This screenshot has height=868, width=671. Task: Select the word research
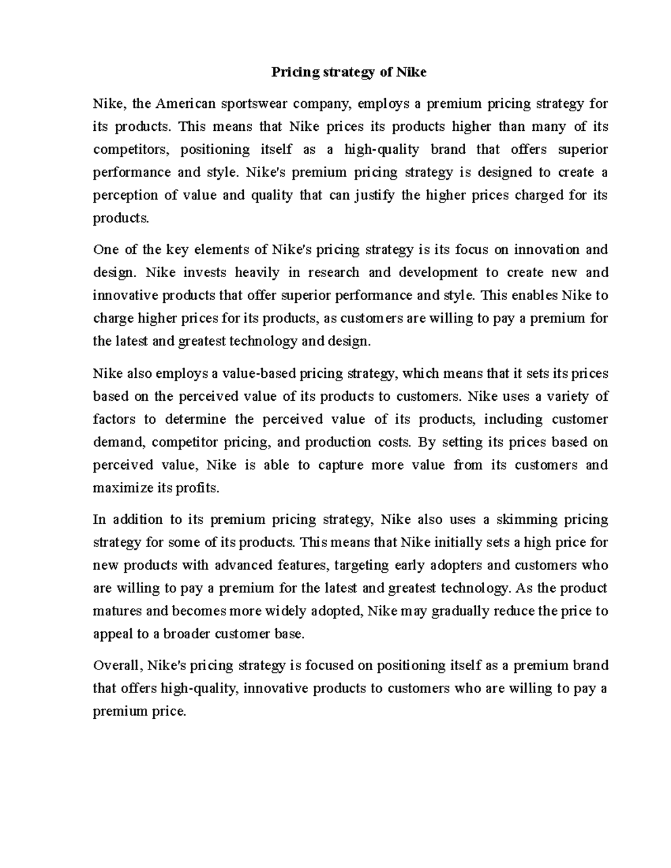[330, 272]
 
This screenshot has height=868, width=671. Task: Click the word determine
[196, 419]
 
